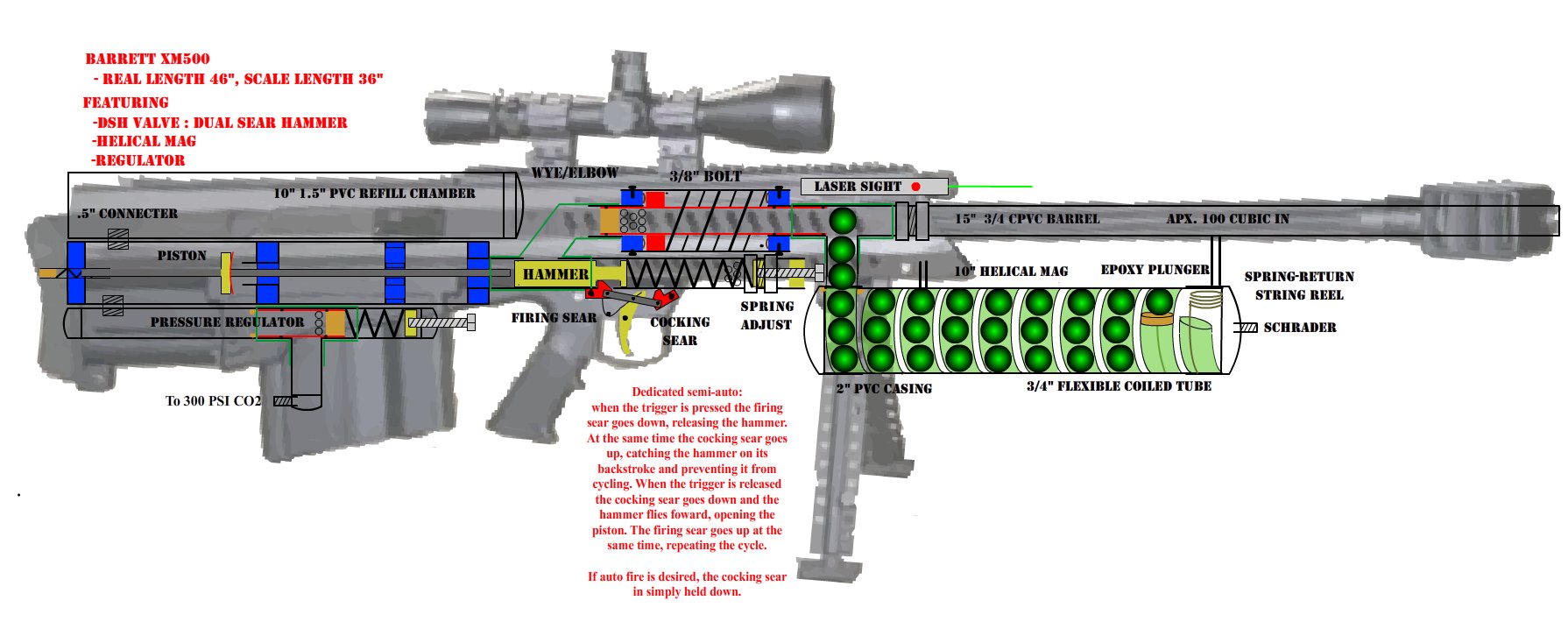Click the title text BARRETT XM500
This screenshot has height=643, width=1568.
(147, 59)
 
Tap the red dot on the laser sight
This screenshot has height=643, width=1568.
(915, 187)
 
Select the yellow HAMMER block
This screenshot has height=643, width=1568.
(555, 274)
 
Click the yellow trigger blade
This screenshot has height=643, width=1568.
(626, 334)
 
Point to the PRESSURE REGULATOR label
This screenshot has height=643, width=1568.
(227, 322)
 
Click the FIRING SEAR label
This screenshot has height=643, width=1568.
(554, 318)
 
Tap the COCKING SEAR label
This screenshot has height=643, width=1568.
(680, 331)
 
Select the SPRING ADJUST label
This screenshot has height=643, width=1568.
(766, 315)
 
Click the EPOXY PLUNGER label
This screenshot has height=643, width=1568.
(1155, 270)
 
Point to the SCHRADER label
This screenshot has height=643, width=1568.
(1300, 328)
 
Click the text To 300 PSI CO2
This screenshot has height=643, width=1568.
(213, 401)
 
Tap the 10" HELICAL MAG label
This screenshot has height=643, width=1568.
(1011, 272)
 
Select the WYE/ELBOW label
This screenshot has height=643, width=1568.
(575, 173)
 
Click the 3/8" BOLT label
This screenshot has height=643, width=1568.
(705, 176)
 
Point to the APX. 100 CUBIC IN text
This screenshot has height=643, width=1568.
(1227, 219)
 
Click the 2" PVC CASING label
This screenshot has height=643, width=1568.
(884, 388)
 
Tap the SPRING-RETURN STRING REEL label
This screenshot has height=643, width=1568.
(1299, 286)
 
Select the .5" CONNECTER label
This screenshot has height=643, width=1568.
(127, 214)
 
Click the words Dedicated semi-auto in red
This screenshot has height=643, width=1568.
(687, 392)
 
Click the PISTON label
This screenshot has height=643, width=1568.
(182, 256)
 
